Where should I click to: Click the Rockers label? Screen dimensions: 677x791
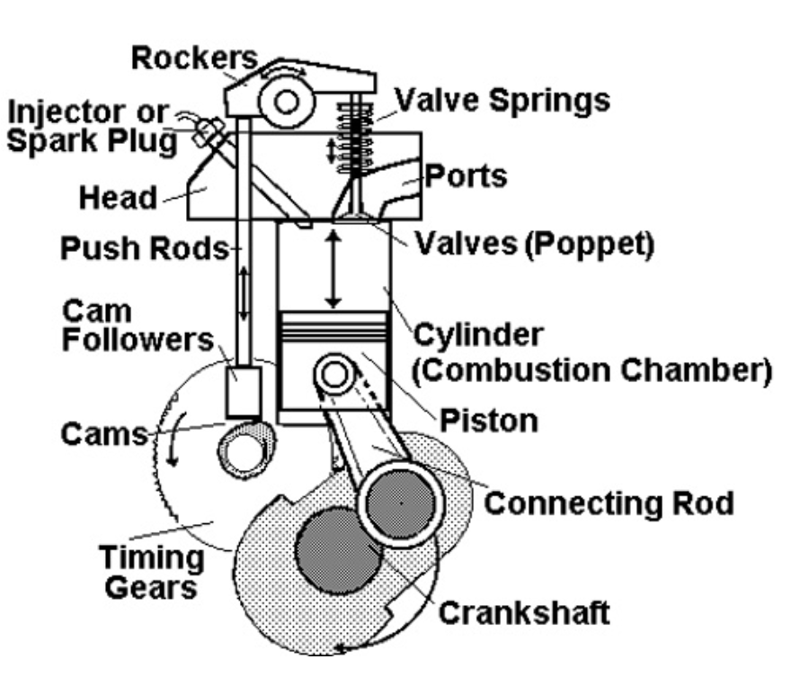coord(192,58)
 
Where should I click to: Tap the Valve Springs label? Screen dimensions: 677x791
coord(502,100)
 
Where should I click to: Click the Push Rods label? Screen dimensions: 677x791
coord(142,249)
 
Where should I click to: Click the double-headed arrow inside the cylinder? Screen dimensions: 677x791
coord(333,269)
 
